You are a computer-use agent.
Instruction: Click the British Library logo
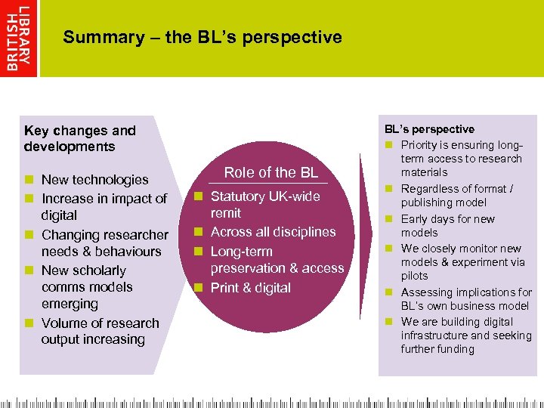coord(19,38)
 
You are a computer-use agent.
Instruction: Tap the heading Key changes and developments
coord(79,138)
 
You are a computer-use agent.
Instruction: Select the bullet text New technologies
coord(94,180)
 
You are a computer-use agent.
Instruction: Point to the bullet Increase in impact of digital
coord(104,206)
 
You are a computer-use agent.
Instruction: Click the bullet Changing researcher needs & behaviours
coord(104,243)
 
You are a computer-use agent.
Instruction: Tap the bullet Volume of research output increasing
coord(100,331)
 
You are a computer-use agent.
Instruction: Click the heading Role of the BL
coord(271,172)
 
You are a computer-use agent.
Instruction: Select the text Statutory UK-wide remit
coord(264,205)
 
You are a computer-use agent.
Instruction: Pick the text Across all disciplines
coord(273,232)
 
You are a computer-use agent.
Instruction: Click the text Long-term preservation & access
coord(277,259)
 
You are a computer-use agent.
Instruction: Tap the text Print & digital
coord(250,287)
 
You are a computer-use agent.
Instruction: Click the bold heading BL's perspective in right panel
coord(429,129)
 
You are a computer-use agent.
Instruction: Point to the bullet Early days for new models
coord(447,225)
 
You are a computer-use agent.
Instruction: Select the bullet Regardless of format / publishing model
coord(456,196)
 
